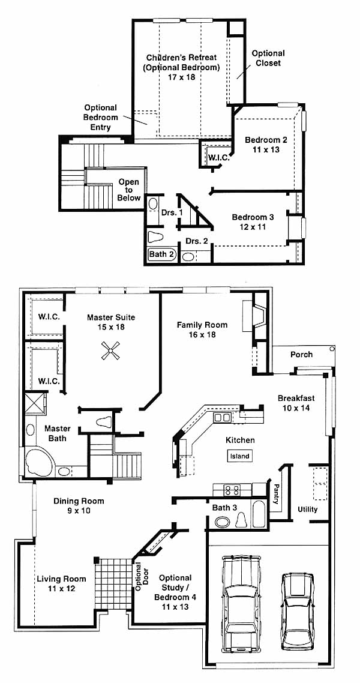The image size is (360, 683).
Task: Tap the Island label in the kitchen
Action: [x=240, y=456]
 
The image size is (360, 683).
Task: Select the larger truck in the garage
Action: [x=241, y=603]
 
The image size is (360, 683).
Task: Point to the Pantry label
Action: [x=275, y=494]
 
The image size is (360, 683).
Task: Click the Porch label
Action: [x=301, y=355]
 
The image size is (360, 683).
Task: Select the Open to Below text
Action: [x=128, y=190]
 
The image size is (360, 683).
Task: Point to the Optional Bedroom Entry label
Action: [x=101, y=117]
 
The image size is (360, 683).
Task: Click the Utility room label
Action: [x=307, y=509]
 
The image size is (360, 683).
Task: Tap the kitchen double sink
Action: [x=222, y=418]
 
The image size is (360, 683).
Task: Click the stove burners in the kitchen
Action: [x=232, y=490]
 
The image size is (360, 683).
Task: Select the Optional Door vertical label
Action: [x=139, y=576]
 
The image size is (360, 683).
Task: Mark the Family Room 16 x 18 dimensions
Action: [x=202, y=334]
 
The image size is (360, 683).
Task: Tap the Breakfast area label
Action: [x=296, y=398]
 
